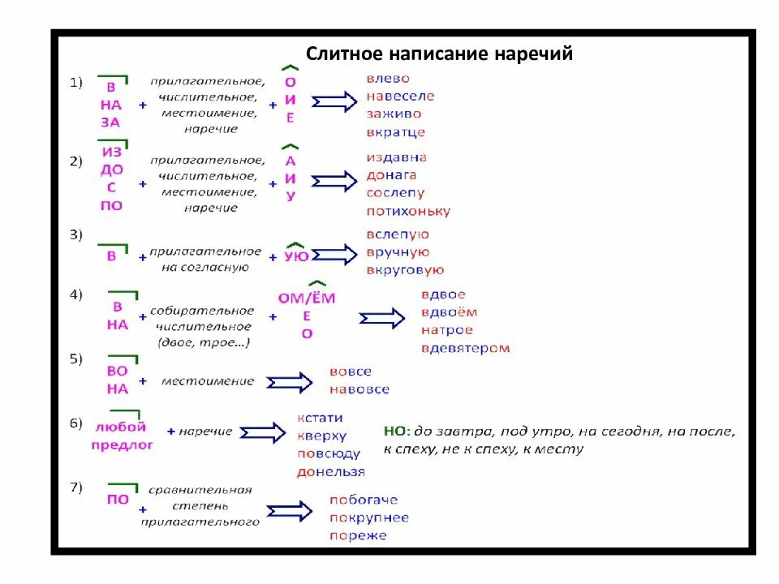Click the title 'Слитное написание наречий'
pyautogui.click(x=439, y=54)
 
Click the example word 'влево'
pyautogui.click(x=388, y=79)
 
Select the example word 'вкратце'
pyautogui.click(x=395, y=132)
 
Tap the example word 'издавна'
pyautogui.click(x=396, y=157)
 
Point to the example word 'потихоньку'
pyautogui.click(x=407, y=211)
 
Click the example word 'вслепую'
pyautogui.click(x=398, y=234)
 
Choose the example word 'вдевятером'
pyautogui.click(x=465, y=348)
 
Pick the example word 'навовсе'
pyautogui.click(x=359, y=389)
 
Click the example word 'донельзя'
pyautogui.click(x=330, y=471)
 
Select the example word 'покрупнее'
pyautogui.click(x=368, y=517)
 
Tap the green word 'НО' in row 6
pyautogui.click(x=394, y=432)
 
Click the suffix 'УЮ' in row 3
pyautogui.click(x=296, y=256)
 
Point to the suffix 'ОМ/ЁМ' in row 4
pyautogui.click(x=306, y=298)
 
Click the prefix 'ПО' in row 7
pyautogui.click(x=118, y=500)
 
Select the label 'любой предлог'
pyautogui.click(x=121, y=436)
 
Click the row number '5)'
pyautogui.click(x=76, y=358)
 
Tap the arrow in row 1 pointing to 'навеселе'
pyautogui.click(x=334, y=102)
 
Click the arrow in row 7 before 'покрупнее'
pyautogui.click(x=289, y=511)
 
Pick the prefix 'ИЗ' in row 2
pyautogui.click(x=111, y=152)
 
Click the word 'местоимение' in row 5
pyautogui.click(x=207, y=381)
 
